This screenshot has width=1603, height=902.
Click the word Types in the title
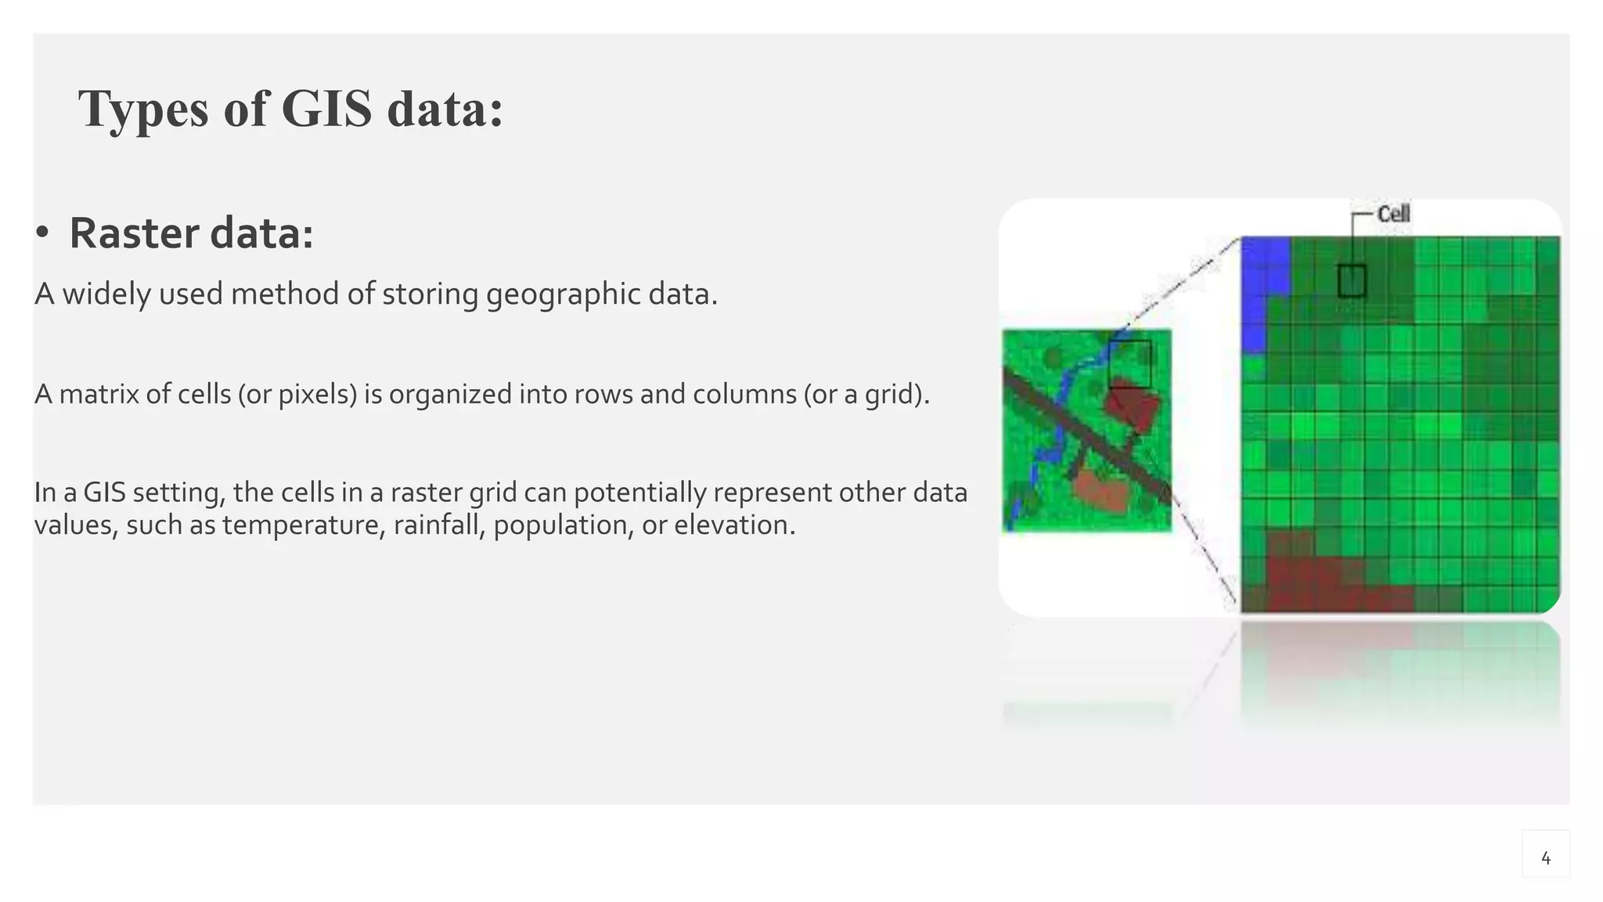click(x=143, y=109)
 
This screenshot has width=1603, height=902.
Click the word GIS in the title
click(x=326, y=109)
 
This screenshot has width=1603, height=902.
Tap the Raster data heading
click(x=191, y=233)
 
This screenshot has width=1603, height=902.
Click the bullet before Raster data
click(x=42, y=233)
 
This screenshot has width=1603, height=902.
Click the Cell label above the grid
click(x=1393, y=215)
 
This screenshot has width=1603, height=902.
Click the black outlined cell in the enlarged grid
click(x=1352, y=281)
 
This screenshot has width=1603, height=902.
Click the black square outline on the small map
click(x=1130, y=363)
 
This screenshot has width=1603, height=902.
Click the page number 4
click(x=1545, y=858)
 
